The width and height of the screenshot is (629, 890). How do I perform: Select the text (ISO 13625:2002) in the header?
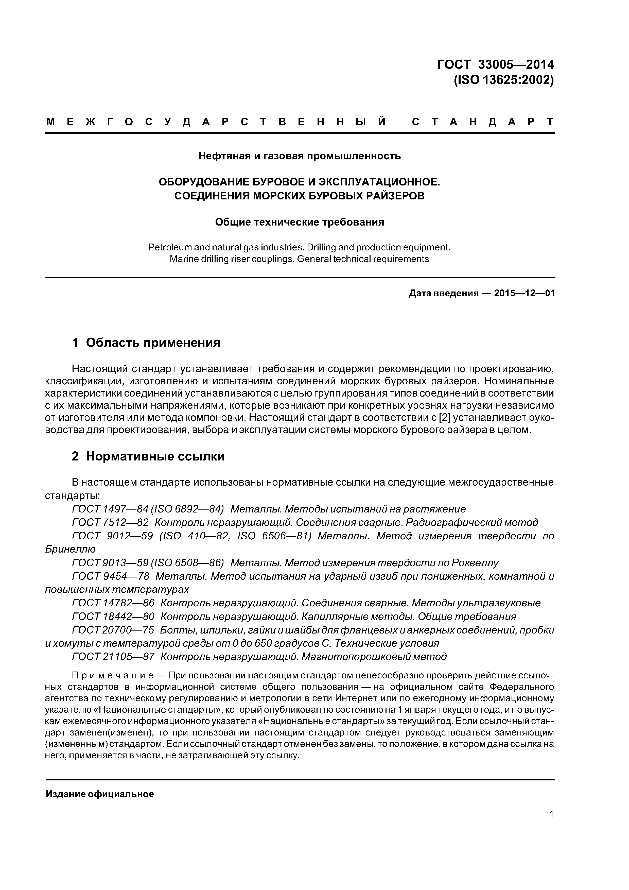pyautogui.click(x=503, y=80)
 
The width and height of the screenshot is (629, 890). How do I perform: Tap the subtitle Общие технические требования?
pyautogui.click(x=299, y=222)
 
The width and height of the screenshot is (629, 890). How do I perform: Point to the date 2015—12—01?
pyautogui.click(x=524, y=294)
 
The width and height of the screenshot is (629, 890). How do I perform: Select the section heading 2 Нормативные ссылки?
pyautogui.click(x=148, y=457)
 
